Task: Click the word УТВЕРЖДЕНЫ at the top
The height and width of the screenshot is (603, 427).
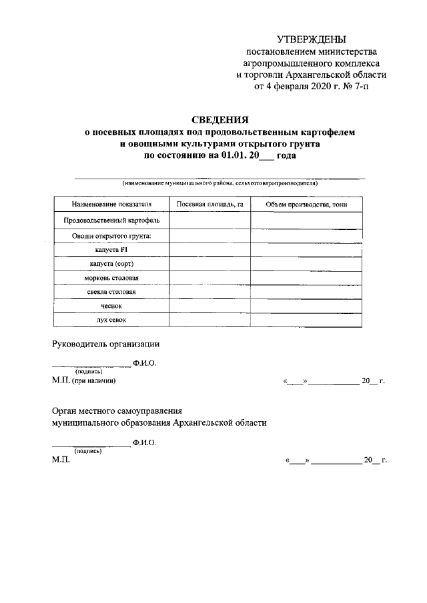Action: pos(312,41)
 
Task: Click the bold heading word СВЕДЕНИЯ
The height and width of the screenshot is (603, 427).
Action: pos(220,120)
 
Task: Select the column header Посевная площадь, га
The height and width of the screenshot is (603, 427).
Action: pos(209,204)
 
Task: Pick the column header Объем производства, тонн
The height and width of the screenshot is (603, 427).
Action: pos(306,204)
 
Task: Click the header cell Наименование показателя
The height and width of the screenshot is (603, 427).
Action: pos(111,204)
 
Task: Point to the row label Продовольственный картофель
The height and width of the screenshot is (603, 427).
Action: pos(111,220)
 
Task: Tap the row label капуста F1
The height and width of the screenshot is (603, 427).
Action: pos(111,250)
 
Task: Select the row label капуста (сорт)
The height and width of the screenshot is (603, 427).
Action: pos(111,264)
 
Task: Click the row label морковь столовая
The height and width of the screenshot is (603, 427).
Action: pos(111,278)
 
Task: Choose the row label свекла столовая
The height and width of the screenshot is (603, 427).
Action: pos(111,292)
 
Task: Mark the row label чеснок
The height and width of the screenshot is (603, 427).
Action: pos(111,306)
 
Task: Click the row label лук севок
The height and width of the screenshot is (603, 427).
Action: pos(111,320)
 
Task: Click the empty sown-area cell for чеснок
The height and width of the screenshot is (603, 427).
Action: pos(209,306)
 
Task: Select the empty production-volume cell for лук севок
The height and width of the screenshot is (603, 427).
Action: pos(306,320)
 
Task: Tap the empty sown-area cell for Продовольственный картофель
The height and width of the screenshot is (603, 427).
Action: pos(209,220)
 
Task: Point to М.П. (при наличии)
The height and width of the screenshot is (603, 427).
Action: pos(84,380)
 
